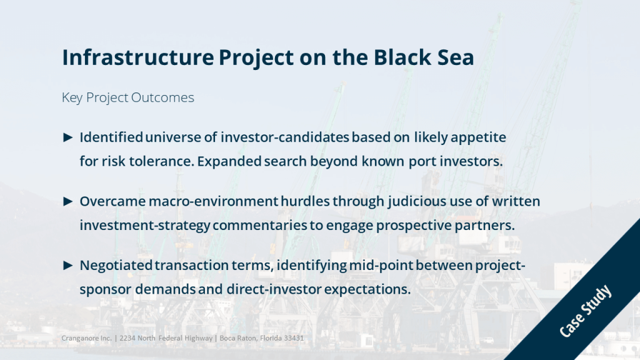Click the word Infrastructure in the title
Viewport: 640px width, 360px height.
[x=138, y=57]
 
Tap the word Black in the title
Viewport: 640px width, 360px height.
[x=402, y=57]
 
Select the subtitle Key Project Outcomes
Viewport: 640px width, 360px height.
[x=127, y=98]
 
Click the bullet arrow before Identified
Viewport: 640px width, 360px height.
[x=68, y=137]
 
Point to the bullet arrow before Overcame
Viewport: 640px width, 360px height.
[x=68, y=202]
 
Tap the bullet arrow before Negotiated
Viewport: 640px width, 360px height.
[x=68, y=266]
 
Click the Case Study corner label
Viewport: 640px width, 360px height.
[x=585, y=311]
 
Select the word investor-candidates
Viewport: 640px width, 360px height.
[x=285, y=137]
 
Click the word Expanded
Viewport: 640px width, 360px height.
[x=229, y=162]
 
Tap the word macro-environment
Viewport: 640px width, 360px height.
[x=214, y=202]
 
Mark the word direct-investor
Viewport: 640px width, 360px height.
[x=274, y=289]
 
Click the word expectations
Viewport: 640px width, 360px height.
[x=367, y=290]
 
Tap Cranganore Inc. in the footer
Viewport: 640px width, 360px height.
[x=86, y=338]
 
